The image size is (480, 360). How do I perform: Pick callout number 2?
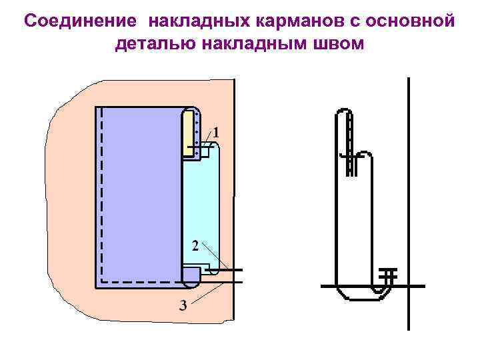point(195,246)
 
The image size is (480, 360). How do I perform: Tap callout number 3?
point(183,306)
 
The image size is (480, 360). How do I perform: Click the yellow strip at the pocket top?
point(188,133)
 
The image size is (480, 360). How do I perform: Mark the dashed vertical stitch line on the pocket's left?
point(101,193)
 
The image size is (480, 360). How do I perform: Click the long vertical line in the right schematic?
point(408,200)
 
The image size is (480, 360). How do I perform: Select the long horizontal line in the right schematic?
point(373,286)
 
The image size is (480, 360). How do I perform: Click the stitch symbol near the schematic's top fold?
point(347,156)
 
